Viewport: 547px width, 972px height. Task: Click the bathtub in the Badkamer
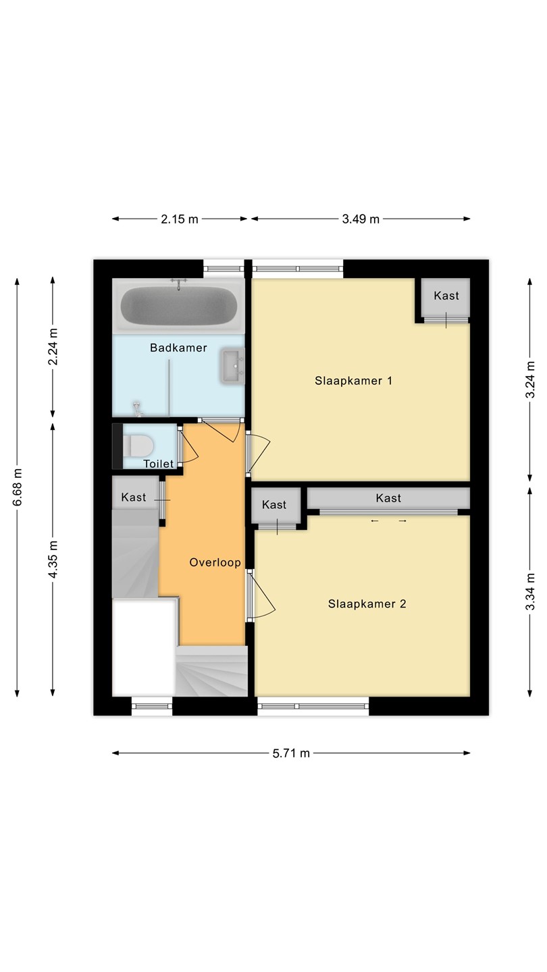179,306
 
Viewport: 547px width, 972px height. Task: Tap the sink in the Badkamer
233,366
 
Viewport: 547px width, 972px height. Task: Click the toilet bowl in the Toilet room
138,446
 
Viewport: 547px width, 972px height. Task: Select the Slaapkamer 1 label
353,381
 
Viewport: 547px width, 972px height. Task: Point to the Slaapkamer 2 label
367,603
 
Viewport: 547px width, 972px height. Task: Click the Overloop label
215,562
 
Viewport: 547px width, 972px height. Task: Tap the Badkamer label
178,348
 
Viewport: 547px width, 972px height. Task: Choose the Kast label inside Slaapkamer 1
446,296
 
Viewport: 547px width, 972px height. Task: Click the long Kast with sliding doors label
388,497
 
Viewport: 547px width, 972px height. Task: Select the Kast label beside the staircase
134,497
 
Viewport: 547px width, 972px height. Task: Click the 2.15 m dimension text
180,219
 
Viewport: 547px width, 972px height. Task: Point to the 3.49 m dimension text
361,219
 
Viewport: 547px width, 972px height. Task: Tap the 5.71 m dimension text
291,753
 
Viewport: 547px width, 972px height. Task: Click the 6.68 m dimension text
18,487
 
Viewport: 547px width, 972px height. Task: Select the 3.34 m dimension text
530,591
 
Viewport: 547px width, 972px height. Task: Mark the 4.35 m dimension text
53,560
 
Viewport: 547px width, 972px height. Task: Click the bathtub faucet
178,283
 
